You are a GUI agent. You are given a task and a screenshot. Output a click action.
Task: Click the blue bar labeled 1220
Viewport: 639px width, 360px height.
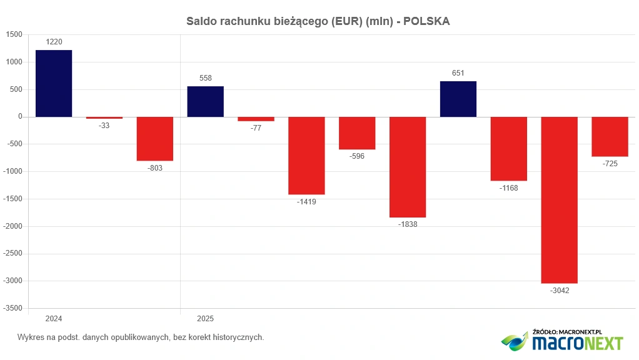pos(54,83)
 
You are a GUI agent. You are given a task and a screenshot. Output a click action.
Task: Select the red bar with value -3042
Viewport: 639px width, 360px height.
pos(559,200)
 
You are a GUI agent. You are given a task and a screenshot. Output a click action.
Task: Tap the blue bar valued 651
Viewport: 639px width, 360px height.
pos(458,99)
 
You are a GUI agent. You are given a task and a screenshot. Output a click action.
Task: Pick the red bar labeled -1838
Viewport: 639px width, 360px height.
pos(408,167)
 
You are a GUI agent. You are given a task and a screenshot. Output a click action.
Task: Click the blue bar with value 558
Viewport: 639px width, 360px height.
pos(206,101)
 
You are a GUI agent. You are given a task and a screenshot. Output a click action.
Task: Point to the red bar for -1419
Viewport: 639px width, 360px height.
pos(306,156)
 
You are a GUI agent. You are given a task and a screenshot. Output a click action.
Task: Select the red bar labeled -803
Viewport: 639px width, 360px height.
pos(155,139)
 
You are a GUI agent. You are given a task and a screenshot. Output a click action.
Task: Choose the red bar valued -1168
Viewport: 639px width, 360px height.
pos(508,149)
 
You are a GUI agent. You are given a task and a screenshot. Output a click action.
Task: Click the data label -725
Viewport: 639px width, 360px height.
pos(610,164)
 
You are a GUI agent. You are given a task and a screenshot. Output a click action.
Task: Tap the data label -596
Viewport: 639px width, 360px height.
pos(357,156)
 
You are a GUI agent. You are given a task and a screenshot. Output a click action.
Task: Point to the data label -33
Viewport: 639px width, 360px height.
pos(104,126)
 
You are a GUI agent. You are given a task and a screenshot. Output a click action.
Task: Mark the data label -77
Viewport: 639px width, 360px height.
pos(256,128)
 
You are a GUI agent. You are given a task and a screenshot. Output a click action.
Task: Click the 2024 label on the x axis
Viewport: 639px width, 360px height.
pos(54,319)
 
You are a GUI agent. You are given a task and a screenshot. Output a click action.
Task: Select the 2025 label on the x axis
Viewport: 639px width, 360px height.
pos(206,319)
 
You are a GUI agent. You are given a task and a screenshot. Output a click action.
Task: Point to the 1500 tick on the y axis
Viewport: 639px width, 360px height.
pos(13,35)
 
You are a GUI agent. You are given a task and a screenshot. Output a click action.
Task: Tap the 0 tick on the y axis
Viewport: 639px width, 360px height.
pos(21,117)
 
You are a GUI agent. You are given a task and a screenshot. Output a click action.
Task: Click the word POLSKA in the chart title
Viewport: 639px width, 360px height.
pos(426,21)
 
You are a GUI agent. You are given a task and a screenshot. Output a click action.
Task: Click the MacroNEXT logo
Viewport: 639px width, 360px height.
pos(562,341)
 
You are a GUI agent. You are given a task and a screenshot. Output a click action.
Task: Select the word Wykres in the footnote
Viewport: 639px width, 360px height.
pos(31,337)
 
